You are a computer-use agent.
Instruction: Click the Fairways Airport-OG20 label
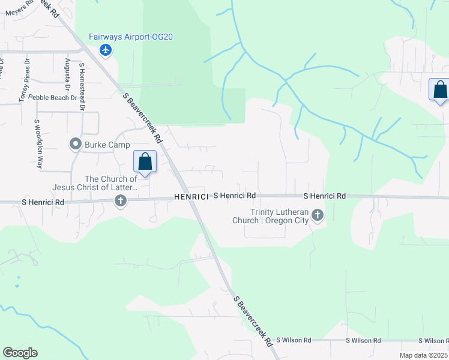coord(131,37)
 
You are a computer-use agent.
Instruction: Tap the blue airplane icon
coord(106,49)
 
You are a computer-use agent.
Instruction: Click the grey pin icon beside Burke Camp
coord(76,143)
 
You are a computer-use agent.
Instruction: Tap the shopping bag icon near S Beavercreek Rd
coord(145,161)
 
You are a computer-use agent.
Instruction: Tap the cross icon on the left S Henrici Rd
coord(121,201)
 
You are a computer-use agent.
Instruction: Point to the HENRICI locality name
coord(191,196)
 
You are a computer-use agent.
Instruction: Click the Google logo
coord(20,353)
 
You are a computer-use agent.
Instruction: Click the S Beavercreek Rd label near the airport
coord(143,118)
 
